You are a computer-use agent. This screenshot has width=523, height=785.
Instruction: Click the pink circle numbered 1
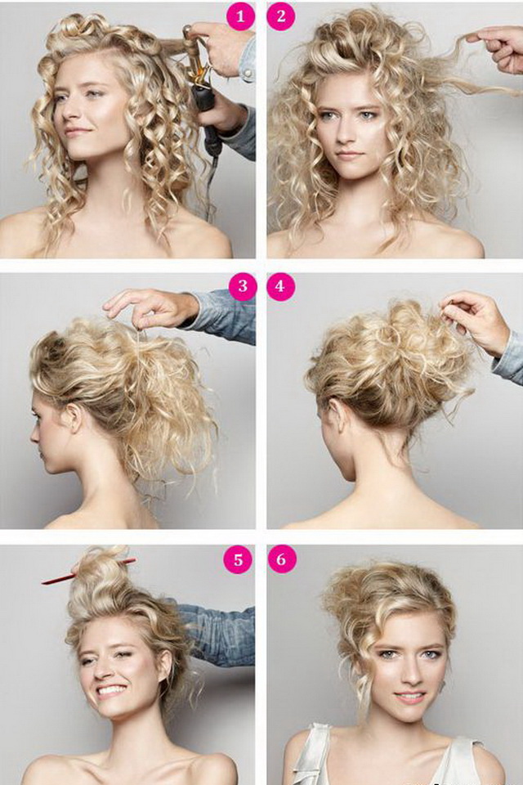coord(240,16)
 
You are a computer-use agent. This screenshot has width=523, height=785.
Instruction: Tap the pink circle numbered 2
coord(281,16)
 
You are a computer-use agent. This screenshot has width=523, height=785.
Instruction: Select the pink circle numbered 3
coord(243,286)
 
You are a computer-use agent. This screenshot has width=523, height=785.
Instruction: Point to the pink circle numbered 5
coord(238,558)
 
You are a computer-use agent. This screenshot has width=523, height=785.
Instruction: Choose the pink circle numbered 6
coord(281,558)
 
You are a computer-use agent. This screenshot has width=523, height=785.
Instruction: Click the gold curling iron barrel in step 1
coord(194,57)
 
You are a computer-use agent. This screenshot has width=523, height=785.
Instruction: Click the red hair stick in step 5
coord(88,572)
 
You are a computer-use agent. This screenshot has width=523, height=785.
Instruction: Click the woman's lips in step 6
coord(410,697)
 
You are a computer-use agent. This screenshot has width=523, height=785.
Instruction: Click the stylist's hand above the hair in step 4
coord(476,321)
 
